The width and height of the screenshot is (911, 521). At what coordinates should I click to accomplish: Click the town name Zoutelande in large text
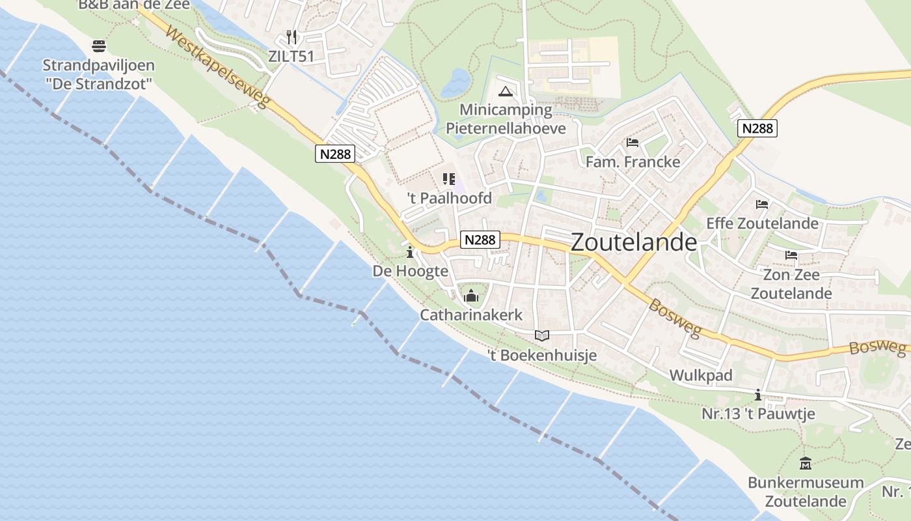634,242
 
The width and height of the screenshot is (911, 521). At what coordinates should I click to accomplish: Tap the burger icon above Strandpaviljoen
99,46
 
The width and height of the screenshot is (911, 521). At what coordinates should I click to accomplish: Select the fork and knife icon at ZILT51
292,37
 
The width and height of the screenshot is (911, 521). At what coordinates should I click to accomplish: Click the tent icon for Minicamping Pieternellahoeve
505,91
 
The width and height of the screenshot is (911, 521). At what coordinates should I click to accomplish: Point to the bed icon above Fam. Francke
632,143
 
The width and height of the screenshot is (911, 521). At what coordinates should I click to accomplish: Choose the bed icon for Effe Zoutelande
762,204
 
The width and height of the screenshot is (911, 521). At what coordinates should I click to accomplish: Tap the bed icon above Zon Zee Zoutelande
791,255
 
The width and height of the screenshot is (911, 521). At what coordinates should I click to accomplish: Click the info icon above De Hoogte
410,252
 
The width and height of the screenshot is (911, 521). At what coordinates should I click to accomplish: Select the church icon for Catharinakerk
471,297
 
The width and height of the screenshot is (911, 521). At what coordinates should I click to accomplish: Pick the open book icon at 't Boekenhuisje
541,336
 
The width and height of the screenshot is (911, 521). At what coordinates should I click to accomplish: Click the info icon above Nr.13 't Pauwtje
758,395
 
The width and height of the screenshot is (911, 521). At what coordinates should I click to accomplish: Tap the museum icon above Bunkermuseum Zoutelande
806,464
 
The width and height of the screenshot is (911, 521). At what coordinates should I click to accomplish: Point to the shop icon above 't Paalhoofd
449,178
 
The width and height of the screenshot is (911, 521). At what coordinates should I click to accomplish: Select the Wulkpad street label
701,375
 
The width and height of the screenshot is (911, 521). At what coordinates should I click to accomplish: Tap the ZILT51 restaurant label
291,56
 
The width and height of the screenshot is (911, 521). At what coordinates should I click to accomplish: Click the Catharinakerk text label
471,315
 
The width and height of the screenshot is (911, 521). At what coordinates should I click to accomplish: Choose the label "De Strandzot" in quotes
98,83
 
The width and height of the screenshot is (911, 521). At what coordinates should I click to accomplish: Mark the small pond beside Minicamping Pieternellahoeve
456,83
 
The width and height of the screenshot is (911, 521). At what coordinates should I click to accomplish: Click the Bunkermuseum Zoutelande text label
806,492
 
